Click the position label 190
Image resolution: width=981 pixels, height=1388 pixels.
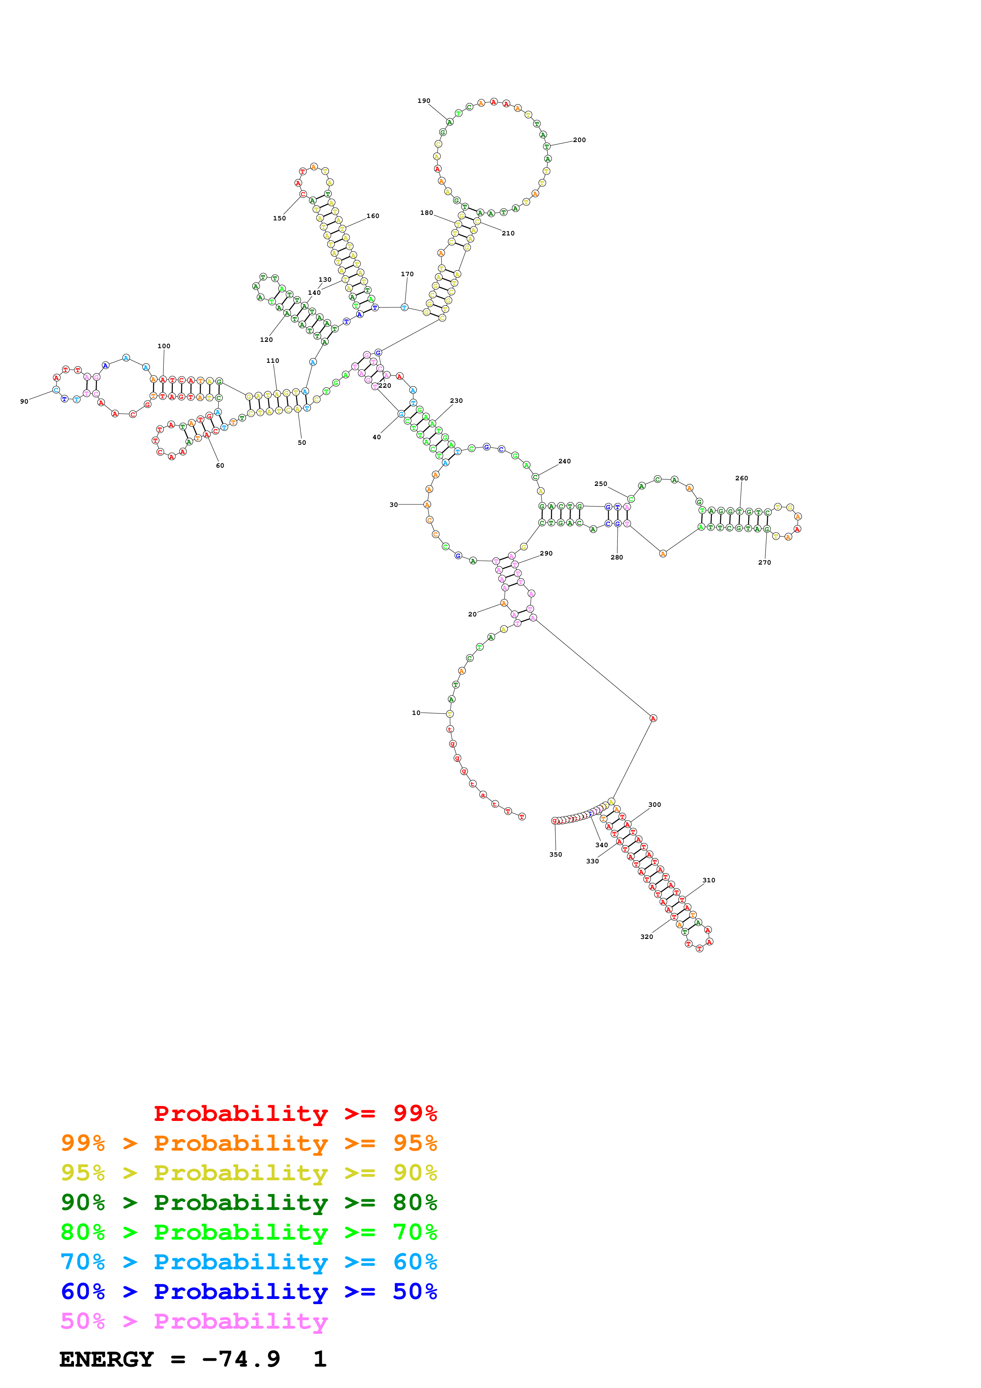(424, 101)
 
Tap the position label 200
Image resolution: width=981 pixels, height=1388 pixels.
(579, 140)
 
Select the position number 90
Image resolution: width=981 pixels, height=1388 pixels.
(24, 402)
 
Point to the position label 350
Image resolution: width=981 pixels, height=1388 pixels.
(556, 855)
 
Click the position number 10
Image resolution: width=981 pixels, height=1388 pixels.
(416, 713)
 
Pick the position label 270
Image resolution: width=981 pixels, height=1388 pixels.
(765, 563)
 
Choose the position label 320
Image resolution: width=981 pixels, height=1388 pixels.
(647, 937)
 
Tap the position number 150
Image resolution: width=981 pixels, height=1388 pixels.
(279, 219)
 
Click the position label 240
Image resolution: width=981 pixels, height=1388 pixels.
(565, 462)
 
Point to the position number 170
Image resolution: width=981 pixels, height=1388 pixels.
(407, 275)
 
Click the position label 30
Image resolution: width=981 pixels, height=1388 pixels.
(393, 505)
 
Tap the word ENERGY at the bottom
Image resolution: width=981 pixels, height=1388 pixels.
(106, 1360)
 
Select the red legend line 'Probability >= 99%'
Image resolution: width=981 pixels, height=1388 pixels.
(295, 1113)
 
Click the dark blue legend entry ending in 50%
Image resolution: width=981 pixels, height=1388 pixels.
(249, 1292)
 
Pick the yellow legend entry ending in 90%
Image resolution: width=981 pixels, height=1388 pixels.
(249, 1173)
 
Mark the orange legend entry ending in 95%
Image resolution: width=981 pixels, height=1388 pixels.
(249, 1143)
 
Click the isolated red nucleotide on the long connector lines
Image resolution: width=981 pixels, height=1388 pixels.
(653, 718)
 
